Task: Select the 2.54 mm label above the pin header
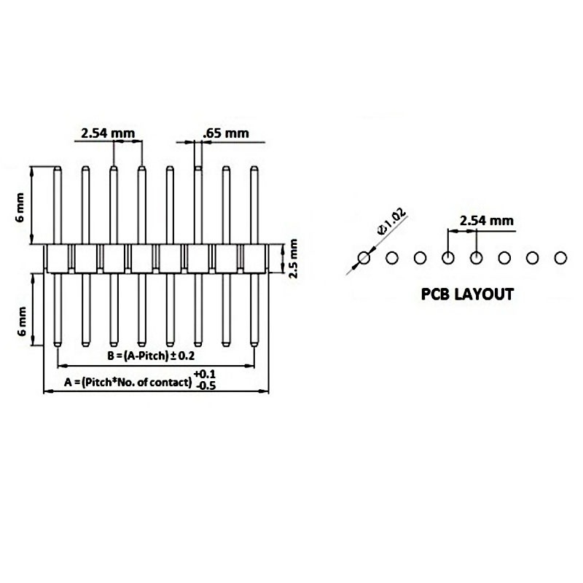[x=108, y=133]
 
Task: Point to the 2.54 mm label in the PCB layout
[x=486, y=220]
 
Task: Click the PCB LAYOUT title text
[x=467, y=295]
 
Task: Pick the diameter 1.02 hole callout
[x=391, y=222]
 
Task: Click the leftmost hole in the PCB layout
[x=364, y=258]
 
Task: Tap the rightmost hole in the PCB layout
[x=560, y=258]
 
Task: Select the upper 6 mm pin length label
[x=21, y=208]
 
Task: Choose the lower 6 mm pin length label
[x=21, y=321]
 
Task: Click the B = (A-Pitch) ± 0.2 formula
[x=150, y=356]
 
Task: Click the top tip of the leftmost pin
[x=56, y=168]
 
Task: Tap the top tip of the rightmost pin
[x=254, y=168]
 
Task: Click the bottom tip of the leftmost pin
[x=56, y=344]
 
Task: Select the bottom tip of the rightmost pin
[x=254, y=344]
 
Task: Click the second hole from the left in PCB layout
[x=391, y=258]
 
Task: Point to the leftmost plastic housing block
[x=57, y=258]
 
